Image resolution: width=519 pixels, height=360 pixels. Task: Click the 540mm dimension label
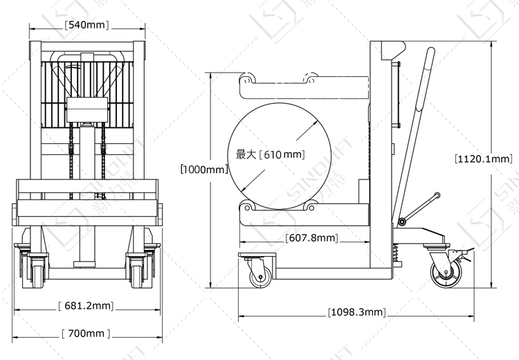pyautogui.click(x=86, y=25)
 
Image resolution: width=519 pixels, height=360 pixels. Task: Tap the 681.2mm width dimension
pyautogui.click(x=86, y=305)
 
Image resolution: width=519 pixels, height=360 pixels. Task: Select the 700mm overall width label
pyautogui.click(x=86, y=333)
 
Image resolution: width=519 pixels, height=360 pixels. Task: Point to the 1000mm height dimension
pyautogui.click(x=204, y=169)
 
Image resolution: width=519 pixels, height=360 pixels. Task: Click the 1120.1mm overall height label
pyautogui.click(x=484, y=159)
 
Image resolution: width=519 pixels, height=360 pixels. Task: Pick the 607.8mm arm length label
pyautogui.click(x=312, y=237)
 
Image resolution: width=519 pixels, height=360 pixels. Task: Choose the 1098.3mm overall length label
pyautogui.click(x=357, y=312)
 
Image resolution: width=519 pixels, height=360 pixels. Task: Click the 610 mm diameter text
pyautogui.click(x=282, y=154)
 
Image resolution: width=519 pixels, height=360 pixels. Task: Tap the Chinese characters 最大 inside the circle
pyautogui.click(x=246, y=154)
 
